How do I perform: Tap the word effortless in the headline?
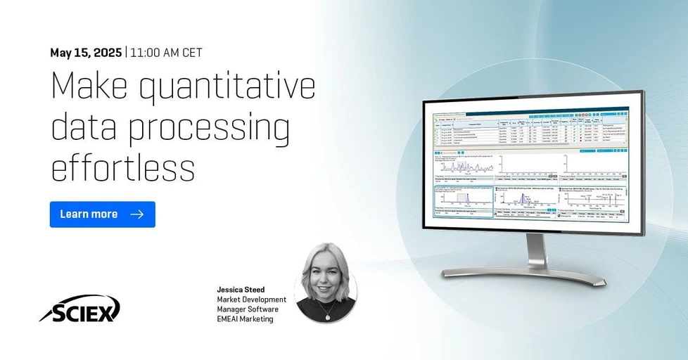tap(122, 169)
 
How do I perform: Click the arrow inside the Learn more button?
tap(137, 214)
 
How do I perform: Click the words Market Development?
tap(251, 300)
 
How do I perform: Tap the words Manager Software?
tap(248, 309)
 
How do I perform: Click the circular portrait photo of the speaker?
tap(326, 283)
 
